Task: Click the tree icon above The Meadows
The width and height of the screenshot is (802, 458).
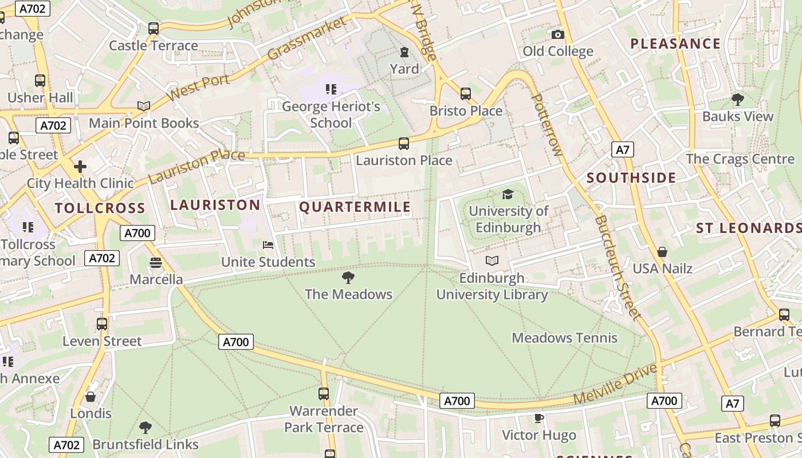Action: tap(348, 278)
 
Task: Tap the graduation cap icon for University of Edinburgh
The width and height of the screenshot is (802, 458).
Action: tap(508, 195)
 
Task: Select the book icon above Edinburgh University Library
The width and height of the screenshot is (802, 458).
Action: tap(492, 261)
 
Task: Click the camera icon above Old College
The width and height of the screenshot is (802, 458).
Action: tap(557, 35)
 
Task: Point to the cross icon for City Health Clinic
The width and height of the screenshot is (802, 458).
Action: tap(80, 167)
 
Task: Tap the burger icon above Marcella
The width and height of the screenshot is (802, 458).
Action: tap(155, 263)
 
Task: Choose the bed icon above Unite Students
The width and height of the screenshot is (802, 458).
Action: tap(268, 245)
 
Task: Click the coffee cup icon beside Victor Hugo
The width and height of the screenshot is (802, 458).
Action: tap(538, 418)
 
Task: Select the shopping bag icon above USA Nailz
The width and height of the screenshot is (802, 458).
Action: tap(662, 252)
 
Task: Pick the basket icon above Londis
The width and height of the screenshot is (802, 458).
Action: tap(91, 397)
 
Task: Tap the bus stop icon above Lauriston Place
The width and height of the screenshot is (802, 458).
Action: tap(404, 144)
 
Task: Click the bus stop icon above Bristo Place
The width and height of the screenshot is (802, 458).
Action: tap(466, 94)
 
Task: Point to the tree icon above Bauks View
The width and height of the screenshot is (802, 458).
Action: tap(738, 100)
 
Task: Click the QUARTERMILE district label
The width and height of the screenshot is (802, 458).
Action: tap(355, 207)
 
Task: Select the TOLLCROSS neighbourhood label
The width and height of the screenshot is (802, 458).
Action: tap(100, 208)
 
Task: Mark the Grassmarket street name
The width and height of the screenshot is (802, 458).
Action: tap(307, 39)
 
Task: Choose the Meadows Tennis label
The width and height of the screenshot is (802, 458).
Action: tap(564, 338)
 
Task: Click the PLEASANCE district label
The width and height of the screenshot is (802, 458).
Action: tap(675, 44)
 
